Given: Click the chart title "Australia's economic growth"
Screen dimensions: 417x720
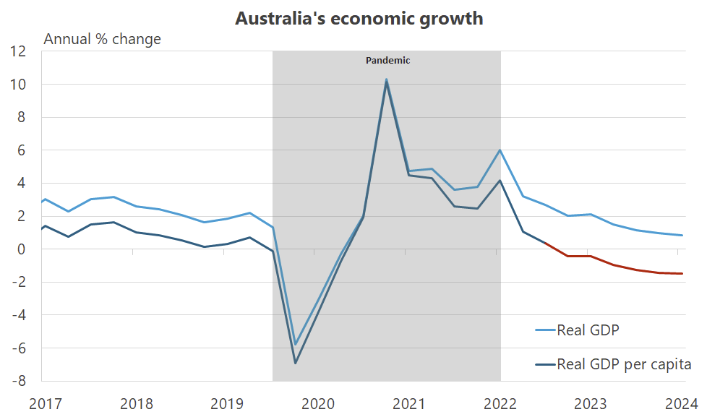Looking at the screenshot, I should pos(359,19).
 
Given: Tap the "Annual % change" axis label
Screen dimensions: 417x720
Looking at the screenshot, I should pos(102,39).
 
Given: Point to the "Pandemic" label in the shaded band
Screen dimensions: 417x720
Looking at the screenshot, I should pos(387,61).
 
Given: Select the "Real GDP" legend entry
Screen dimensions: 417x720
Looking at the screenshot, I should pos(588,330).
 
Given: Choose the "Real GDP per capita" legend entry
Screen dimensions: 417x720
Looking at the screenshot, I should pos(623,364).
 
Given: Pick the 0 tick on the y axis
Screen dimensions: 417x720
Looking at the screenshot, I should pos(22,249).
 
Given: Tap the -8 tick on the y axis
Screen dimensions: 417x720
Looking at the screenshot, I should pos(19,381).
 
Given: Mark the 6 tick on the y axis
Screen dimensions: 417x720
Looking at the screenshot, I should pos(22,150).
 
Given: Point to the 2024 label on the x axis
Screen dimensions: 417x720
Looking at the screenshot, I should pos(681,403).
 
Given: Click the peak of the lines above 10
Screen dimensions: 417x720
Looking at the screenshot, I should pos(387,79).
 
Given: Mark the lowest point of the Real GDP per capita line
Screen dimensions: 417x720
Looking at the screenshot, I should pos(295,363).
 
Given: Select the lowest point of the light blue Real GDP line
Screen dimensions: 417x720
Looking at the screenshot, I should pos(295,345).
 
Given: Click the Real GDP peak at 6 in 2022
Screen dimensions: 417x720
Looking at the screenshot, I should pos(500,150).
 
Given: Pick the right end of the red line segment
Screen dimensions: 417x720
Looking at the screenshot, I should pos(682,273).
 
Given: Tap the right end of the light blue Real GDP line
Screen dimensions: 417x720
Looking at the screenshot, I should pos(682,235).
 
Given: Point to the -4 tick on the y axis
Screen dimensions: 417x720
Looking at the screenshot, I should pos(19,315).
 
